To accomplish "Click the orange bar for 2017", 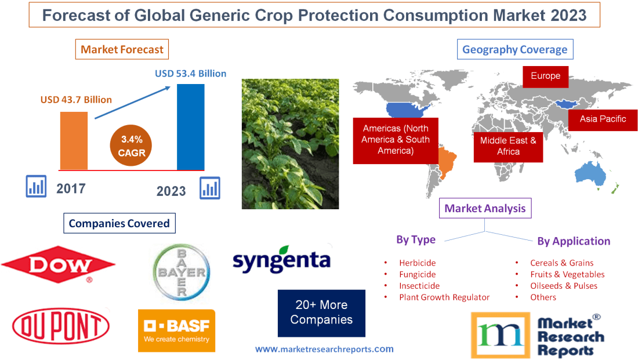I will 74,140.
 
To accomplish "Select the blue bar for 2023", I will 190,127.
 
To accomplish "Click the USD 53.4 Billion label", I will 190,74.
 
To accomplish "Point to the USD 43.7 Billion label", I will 76,100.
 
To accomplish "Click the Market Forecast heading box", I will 122,49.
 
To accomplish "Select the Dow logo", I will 58,266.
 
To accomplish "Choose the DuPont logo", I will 60,327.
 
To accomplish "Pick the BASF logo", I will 176,330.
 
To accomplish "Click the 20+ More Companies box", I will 321,312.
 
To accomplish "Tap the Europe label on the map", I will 545,76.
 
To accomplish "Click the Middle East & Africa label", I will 508,146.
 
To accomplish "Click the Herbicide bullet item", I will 417,263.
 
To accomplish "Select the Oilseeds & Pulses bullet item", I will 563,286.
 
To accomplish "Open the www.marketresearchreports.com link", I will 324,349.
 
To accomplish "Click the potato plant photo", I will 290,143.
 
